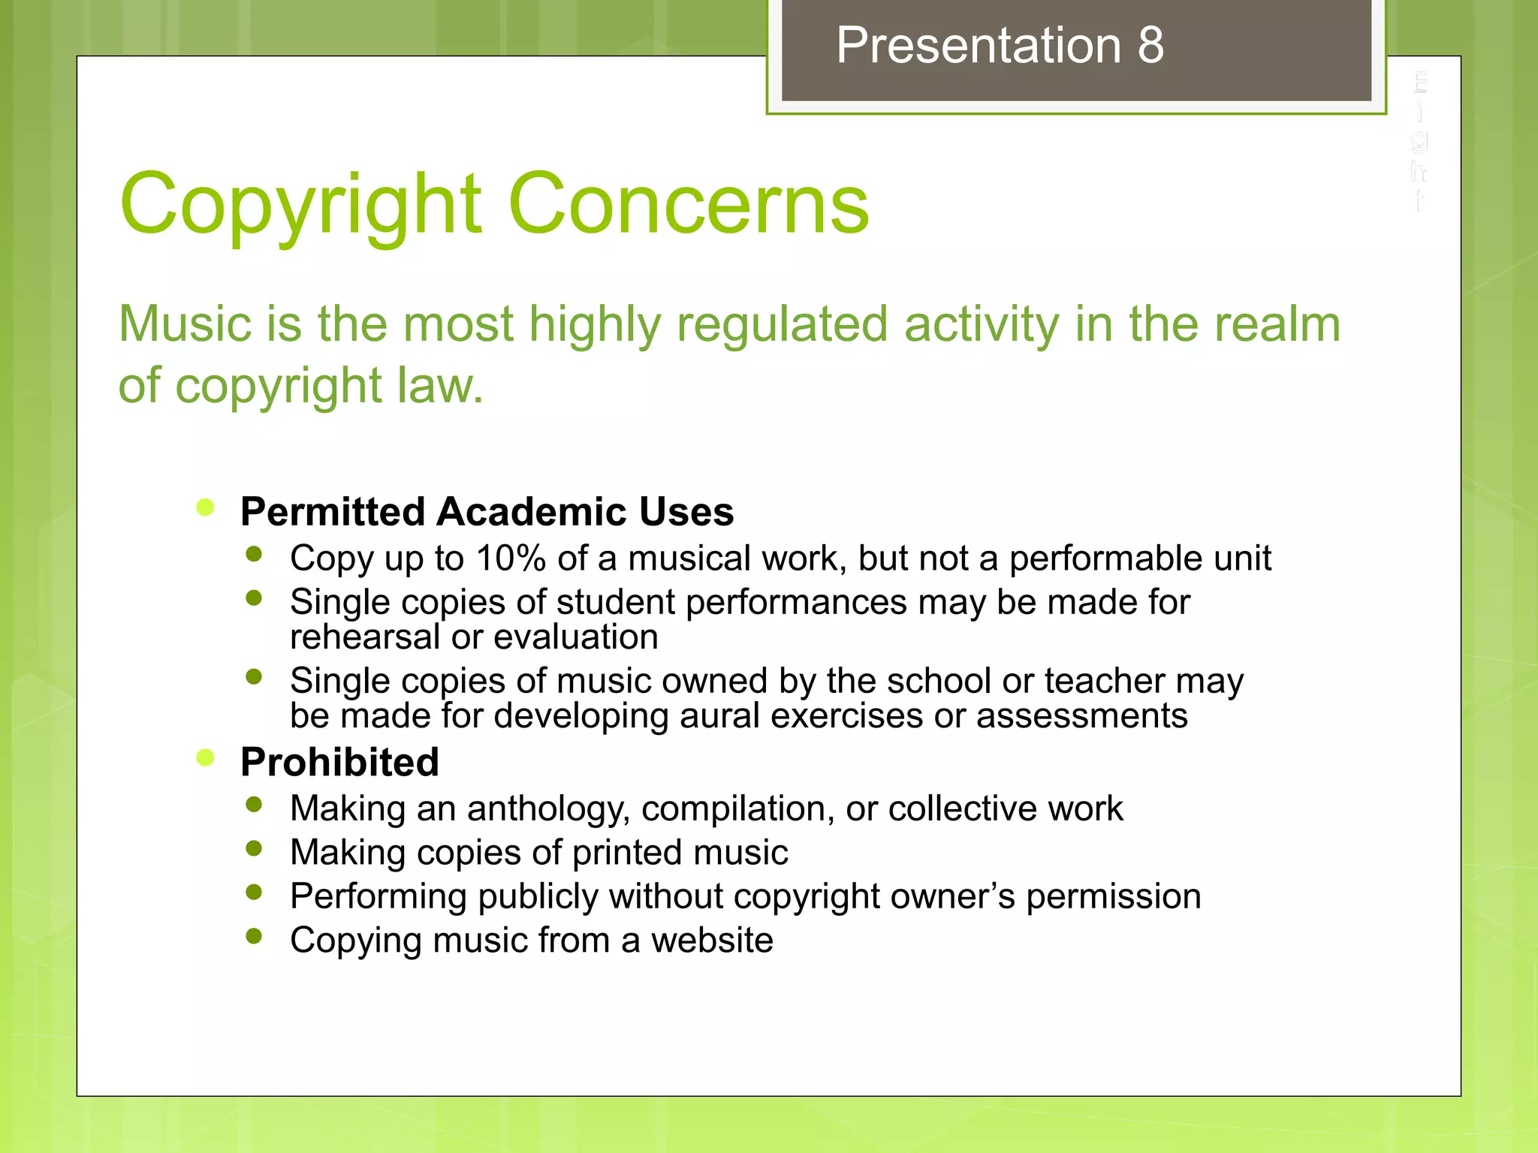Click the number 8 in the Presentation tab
coord(1150,46)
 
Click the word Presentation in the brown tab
coord(979,46)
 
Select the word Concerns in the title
coord(689,204)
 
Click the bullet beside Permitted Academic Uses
coord(205,507)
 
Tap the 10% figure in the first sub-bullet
coord(511,558)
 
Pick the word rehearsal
coord(365,637)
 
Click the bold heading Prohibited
coord(339,763)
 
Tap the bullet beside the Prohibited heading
coord(205,757)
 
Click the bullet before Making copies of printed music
coord(254,848)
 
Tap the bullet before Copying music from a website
coord(254,936)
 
